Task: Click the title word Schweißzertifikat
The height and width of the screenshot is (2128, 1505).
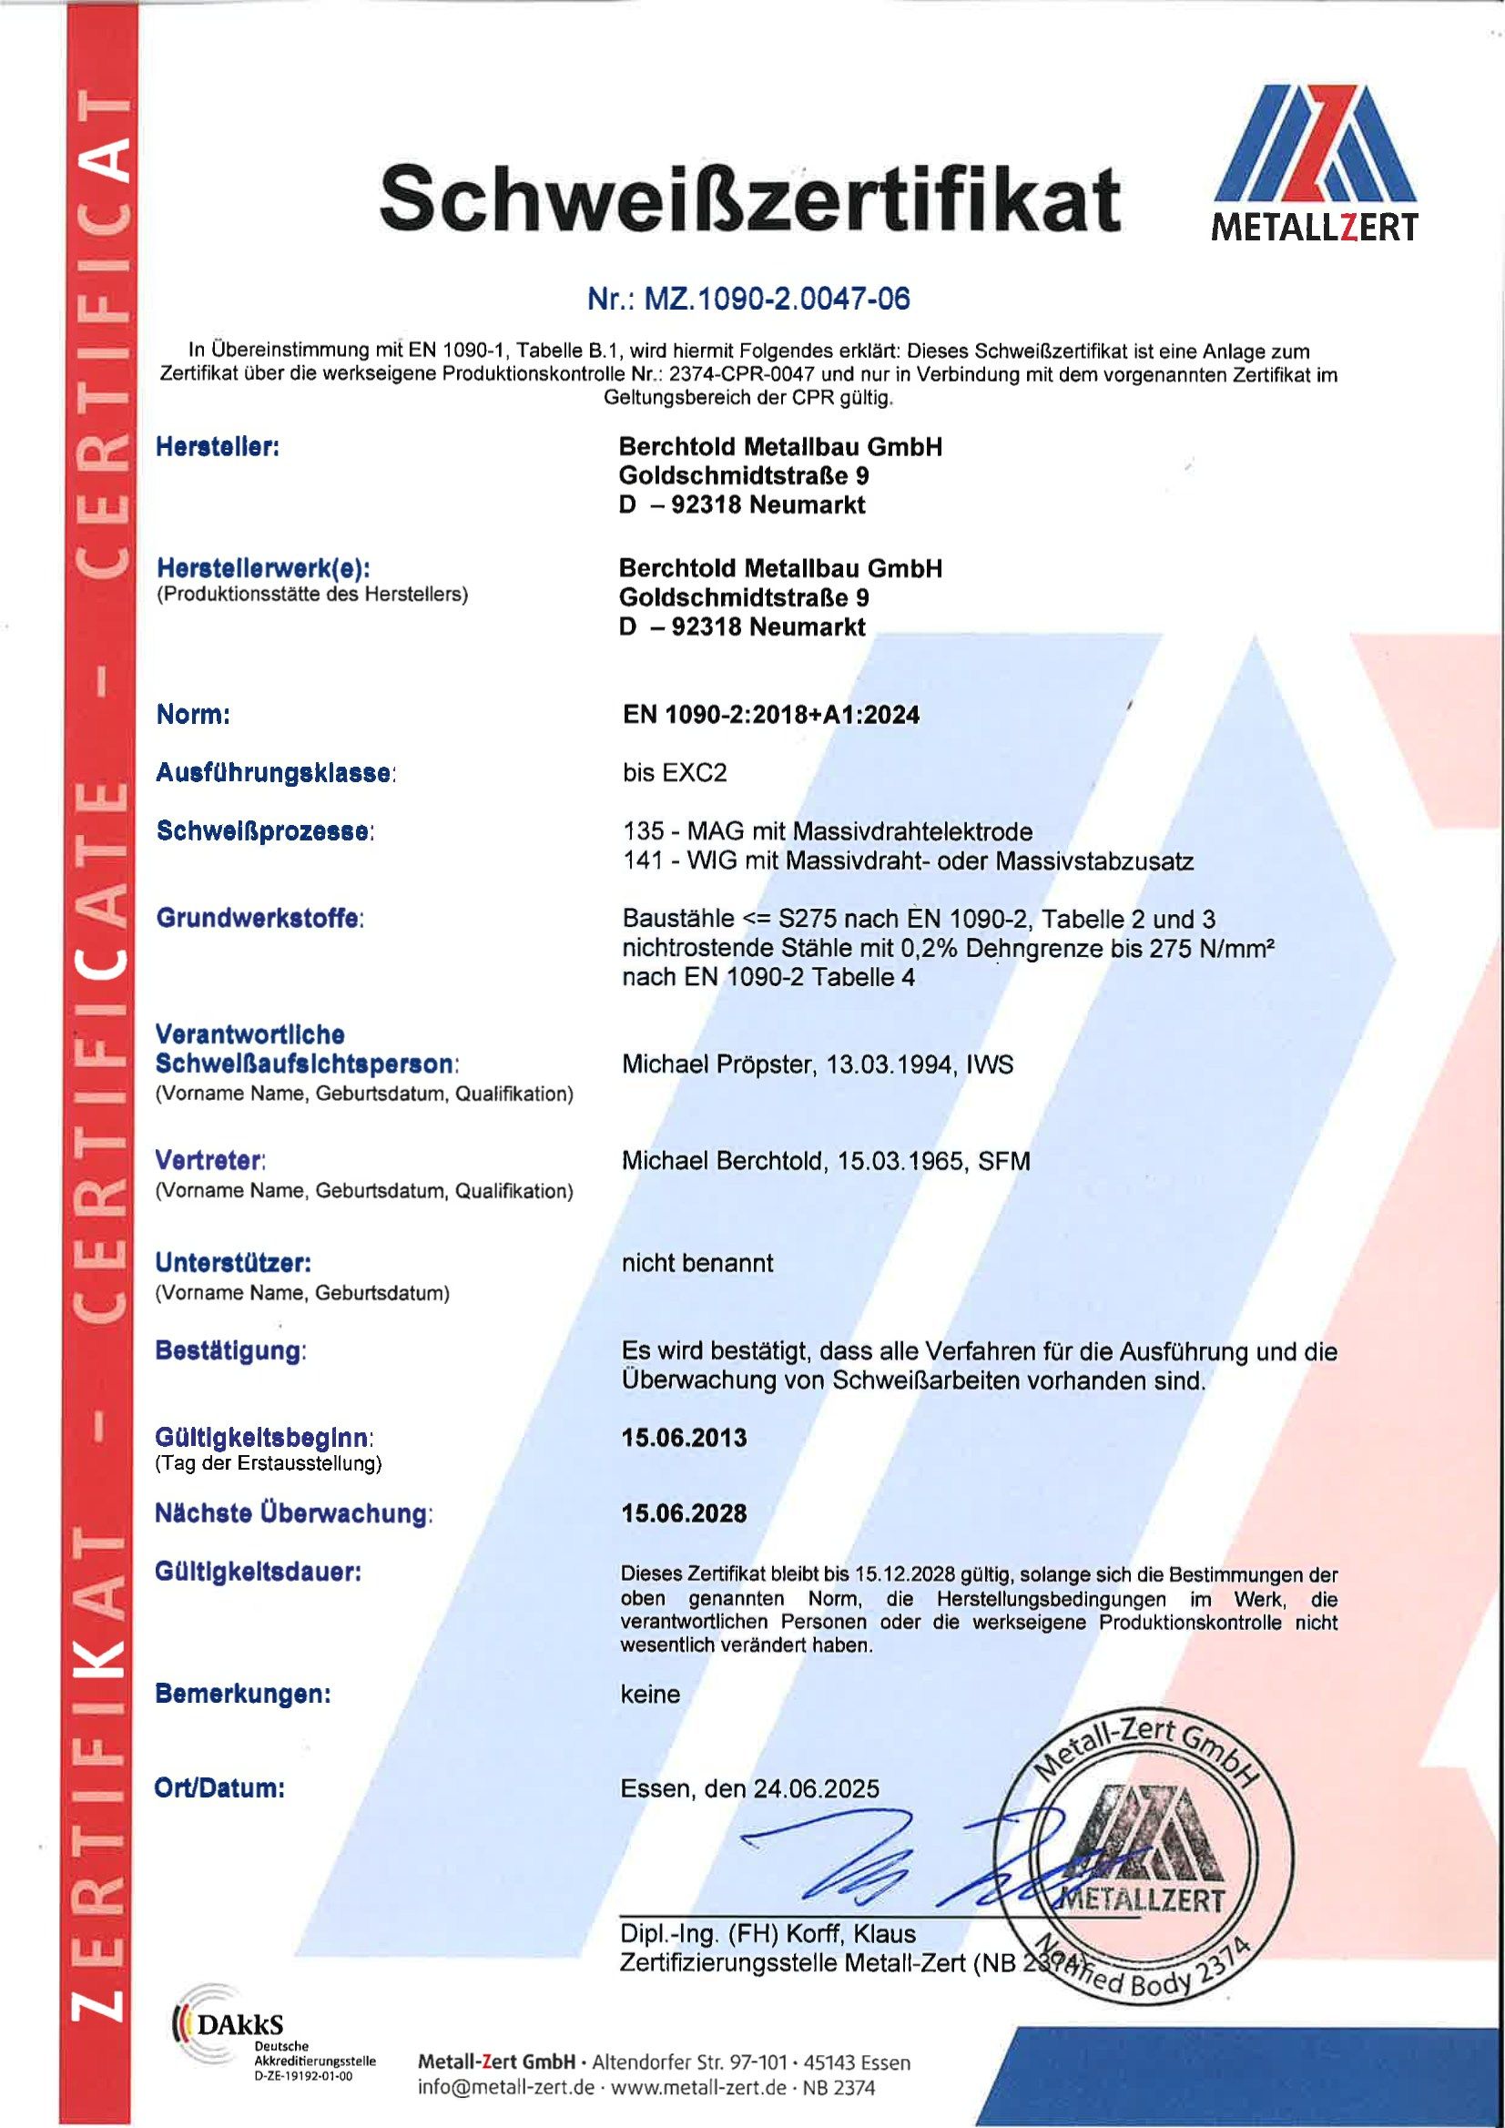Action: coord(749,199)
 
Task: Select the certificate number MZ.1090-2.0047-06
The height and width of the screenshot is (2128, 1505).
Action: coord(748,299)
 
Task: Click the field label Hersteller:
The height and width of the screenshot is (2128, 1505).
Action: coord(218,448)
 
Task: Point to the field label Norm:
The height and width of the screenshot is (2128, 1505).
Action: coord(193,715)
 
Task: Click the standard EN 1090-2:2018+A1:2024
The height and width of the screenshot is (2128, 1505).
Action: coord(771,715)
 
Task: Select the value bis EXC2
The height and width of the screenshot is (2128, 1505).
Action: coord(675,773)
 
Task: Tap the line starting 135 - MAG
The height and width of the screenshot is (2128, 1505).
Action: coord(828,831)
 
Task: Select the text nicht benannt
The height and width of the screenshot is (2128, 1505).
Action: coord(697,1263)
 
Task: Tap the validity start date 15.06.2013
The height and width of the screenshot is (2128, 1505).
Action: coord(684,1438)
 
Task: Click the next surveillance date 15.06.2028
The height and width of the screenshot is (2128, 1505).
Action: coord(684,1513)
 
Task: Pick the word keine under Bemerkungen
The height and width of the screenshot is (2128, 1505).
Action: coord(651,1695)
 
